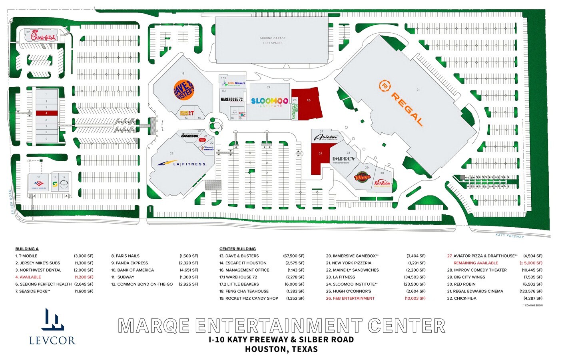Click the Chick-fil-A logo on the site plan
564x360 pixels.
(44, 37)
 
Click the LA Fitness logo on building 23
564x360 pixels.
(182, 164)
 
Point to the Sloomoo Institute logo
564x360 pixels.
(269, 102)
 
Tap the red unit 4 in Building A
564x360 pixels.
(46, 113)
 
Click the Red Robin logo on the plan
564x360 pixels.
(382, 183)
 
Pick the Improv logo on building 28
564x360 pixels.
(343, 159)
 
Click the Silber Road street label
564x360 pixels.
(12, 202)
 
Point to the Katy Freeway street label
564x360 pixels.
(509, 236)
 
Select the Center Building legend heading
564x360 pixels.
(237, 249)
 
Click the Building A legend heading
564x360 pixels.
(27, 249)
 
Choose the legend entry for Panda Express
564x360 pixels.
(132, 263)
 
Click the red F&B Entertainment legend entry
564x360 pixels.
(350, 298)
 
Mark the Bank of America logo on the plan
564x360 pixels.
(39, 184)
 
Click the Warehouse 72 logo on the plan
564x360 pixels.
(231, 99)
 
